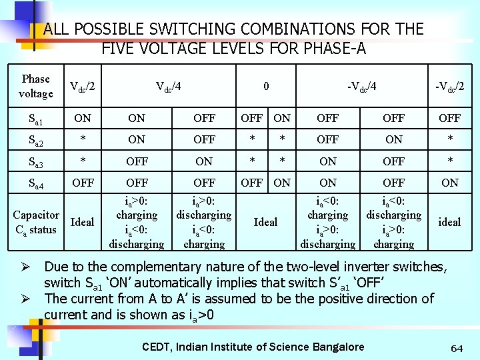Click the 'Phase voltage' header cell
coord(35,86)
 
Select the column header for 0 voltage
coord(266,86)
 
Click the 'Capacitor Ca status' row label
coord(37,221)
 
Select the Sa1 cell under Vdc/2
coord(83,119)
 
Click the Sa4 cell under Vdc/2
coord(83,183)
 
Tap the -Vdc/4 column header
coord(362,86)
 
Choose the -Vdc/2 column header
coord(449,86)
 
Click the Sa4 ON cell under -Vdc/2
coord(449,183)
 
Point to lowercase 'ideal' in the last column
coord(449,222)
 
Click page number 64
coord(457,348)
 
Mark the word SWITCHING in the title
coord(188,29)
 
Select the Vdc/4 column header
coord(169,86)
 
